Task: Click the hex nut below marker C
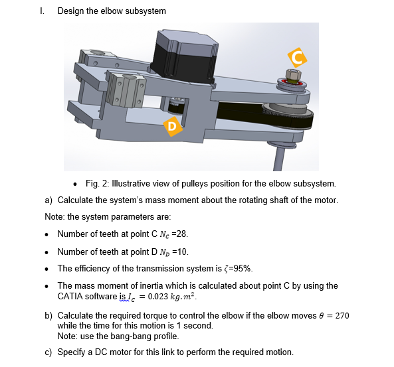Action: point(290,73)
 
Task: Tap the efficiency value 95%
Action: point(240,269)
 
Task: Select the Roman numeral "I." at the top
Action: point(43,11)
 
